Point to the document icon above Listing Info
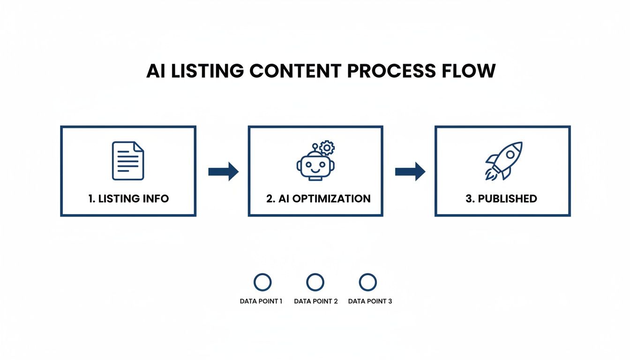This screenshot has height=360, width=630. tap(128, 161)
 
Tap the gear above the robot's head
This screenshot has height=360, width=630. tap(327, 148)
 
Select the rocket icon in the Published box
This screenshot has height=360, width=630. tap(503, 161)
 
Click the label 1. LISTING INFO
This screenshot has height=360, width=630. tap(128, 198)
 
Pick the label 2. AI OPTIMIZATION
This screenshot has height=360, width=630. tap(318, 198)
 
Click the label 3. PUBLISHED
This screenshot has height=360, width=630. tap(501, 198)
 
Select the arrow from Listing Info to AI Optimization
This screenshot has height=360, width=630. tap(223, 172)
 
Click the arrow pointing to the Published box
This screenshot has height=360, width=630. tap(410, 172)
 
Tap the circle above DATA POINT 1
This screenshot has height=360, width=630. tap(262, 282)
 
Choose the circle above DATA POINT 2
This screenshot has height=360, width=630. tap(315, 282)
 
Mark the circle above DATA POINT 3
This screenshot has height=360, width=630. tap(367, 282)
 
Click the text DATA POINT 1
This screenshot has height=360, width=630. tap(261, 301)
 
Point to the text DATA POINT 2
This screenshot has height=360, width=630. tap(315, 301)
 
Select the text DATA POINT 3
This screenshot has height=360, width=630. tap(370, 301)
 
